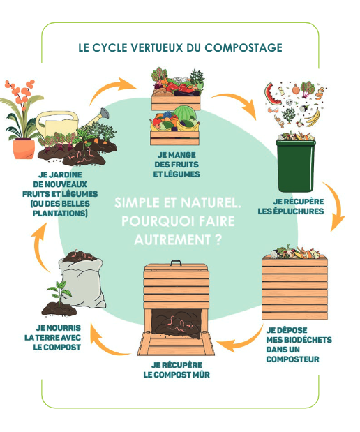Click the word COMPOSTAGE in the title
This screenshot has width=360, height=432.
coord(243,47)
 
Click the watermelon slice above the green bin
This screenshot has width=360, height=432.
coord(272,94)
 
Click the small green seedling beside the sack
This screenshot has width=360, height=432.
coord(59,292)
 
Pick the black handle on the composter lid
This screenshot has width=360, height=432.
coord(175,263)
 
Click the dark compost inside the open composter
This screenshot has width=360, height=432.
coord(177,323)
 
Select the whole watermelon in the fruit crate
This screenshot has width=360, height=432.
coord(185,114)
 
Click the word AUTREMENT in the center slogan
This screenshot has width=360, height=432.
coord(173,240)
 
